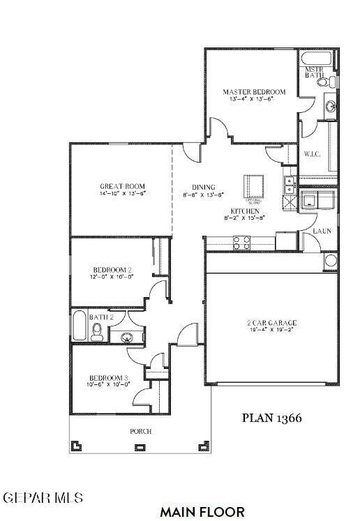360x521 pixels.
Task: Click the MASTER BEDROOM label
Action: [254, 92]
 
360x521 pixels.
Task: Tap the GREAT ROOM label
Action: [122, 186]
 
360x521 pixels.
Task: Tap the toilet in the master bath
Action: [322, 82]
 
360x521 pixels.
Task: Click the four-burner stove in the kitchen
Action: [241, 242]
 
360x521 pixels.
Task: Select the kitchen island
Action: [254, 187]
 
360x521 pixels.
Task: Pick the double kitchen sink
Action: [287, 184]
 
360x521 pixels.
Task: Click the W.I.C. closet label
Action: [311, 154]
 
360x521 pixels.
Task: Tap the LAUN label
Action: [321, 230]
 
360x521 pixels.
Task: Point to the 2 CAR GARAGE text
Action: [271, 323]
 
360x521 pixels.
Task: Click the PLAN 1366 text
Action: [271, 418]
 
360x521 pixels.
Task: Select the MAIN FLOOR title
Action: [202, 512]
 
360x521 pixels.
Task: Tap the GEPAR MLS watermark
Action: [43, 498]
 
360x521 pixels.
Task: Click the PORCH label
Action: [140, 432]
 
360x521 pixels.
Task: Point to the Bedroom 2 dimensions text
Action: [112, 276]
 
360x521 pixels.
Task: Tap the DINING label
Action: [204, 187]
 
